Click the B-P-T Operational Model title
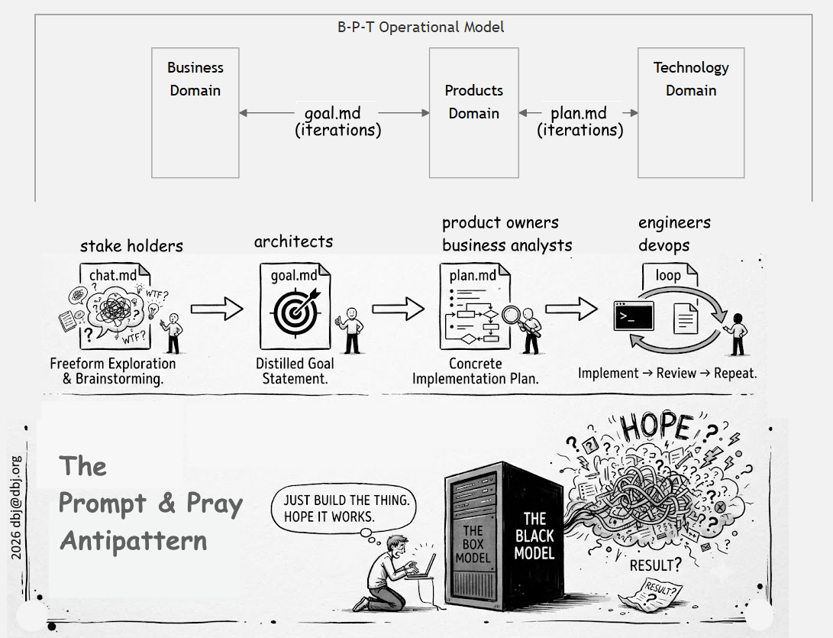coord(421,27)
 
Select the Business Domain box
coord(195,113)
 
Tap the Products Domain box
coord(474,113)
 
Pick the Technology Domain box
coord(691,113)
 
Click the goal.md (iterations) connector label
coord(338,121)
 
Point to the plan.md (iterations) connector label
coord(580,121)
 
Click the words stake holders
coord(132,245)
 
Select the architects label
coord(294,242)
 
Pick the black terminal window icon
coord(634,316)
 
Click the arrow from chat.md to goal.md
coord(217,309)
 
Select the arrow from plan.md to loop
coord(572,309)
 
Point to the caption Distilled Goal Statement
coord(295,371)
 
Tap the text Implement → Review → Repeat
coord(667,373)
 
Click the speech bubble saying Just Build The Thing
coord(343,509)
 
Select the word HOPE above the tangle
coord(657,426)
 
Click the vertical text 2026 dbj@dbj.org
coord(16,507)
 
